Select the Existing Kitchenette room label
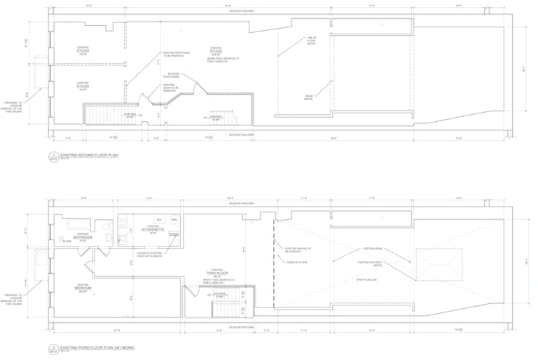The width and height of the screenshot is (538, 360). click(153, 228)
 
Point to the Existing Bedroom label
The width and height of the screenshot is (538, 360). click(83, 287)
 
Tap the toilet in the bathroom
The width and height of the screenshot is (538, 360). click(105, 227)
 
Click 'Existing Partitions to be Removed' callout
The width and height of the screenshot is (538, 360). click(176, 53)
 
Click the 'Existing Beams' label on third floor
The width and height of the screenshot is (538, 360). click(372, 249)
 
